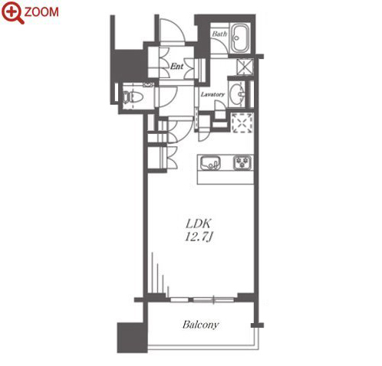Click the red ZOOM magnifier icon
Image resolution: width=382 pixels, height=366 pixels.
click(12, 12)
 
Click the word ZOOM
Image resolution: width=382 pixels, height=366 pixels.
click(41, 12)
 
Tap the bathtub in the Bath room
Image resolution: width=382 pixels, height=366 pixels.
click(240, 38)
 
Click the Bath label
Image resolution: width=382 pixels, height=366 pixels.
click(219, 34)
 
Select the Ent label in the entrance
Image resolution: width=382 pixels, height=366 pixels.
click(177, 67)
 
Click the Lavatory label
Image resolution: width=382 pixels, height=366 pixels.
click(212, 94)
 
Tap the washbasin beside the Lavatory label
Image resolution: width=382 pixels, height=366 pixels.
click(236, 93)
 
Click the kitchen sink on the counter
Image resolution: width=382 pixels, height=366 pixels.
click(210, 162)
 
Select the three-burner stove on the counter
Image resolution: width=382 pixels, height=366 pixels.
click(242, 162)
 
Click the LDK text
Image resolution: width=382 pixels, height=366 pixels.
click(198, 224)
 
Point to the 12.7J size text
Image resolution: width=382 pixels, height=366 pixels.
click(199, 237)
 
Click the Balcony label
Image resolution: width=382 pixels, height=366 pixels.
click(201, 325)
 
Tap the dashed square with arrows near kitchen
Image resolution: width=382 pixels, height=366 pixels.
click(242, 123)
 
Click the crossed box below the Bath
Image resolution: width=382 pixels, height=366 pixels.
click(245, 67)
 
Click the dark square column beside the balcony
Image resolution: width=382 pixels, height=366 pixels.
click(132, 338)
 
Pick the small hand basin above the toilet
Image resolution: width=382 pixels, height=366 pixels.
click(148, 85)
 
